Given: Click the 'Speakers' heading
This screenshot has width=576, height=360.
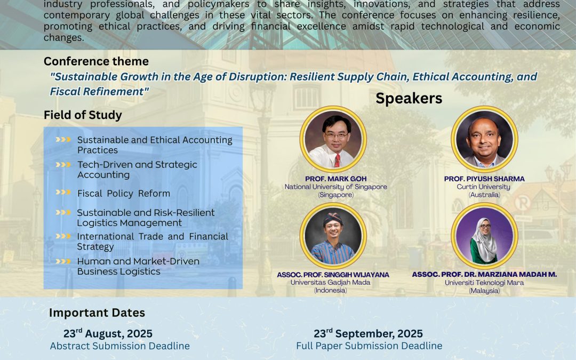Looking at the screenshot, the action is (409, 99).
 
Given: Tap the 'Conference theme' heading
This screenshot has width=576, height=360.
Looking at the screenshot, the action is (96, 61).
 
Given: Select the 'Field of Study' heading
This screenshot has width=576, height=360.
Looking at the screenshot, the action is (83, 115).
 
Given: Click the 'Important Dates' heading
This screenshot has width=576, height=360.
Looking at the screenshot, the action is (97, 313).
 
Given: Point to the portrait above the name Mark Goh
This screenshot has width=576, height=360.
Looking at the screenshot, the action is (333, 139).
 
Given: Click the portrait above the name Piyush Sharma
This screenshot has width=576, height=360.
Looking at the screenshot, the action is (484, 139).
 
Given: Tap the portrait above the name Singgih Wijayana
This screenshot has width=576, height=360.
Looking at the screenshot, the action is (333, 236).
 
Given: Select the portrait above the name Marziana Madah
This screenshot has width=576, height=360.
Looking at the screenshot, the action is (484, 236).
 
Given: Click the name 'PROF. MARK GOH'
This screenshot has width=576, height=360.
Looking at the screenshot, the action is (336, 179).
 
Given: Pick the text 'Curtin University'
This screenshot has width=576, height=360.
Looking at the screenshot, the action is (483, 187).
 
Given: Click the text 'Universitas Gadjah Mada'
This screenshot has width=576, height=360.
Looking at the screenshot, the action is (331, 283).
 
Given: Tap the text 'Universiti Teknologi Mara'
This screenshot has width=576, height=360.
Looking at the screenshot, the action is (484, 283).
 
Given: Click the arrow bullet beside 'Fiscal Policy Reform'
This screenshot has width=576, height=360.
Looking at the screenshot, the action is (63, 192).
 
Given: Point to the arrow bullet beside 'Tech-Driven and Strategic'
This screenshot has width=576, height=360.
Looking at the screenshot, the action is (63, 165).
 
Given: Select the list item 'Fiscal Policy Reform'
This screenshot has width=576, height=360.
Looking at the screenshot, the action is (123, 194).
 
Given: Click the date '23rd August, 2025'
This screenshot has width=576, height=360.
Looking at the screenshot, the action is (108, 333).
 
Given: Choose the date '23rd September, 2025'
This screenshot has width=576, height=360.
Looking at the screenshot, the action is (368, 333).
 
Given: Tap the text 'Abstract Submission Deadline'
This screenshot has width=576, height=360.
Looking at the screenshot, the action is (120, 346).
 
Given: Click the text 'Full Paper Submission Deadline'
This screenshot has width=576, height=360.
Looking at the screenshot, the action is (369, 346).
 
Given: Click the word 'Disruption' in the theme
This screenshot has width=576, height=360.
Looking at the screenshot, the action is (257, 77).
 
